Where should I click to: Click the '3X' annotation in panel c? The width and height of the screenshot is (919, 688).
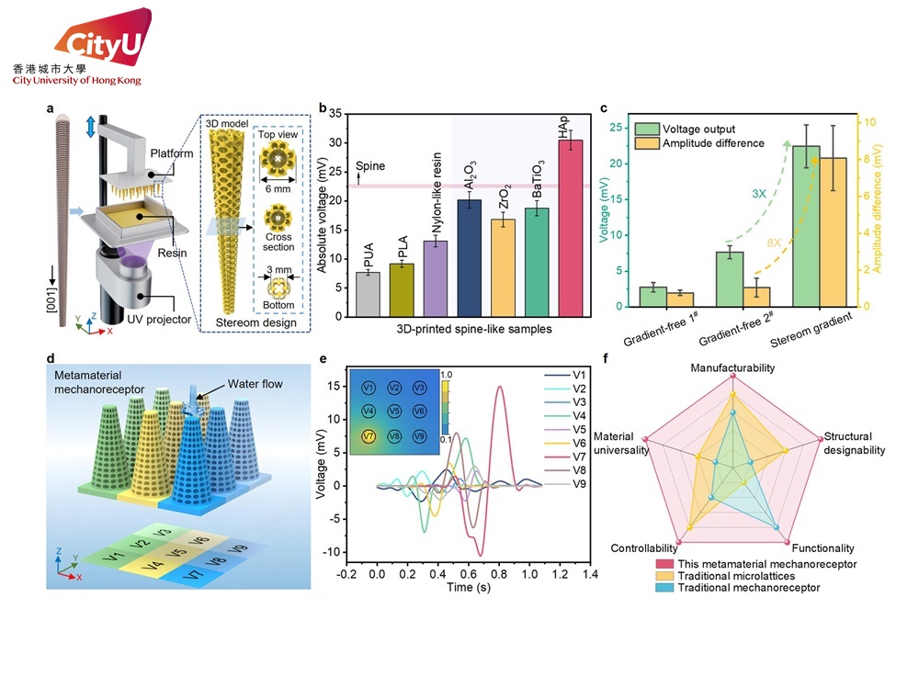point(759,195)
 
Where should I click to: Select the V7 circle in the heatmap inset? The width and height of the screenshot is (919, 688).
point(368,436)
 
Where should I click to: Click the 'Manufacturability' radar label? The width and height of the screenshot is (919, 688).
point(732,367)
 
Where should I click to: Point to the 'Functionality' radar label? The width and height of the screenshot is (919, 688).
point(824,548)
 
